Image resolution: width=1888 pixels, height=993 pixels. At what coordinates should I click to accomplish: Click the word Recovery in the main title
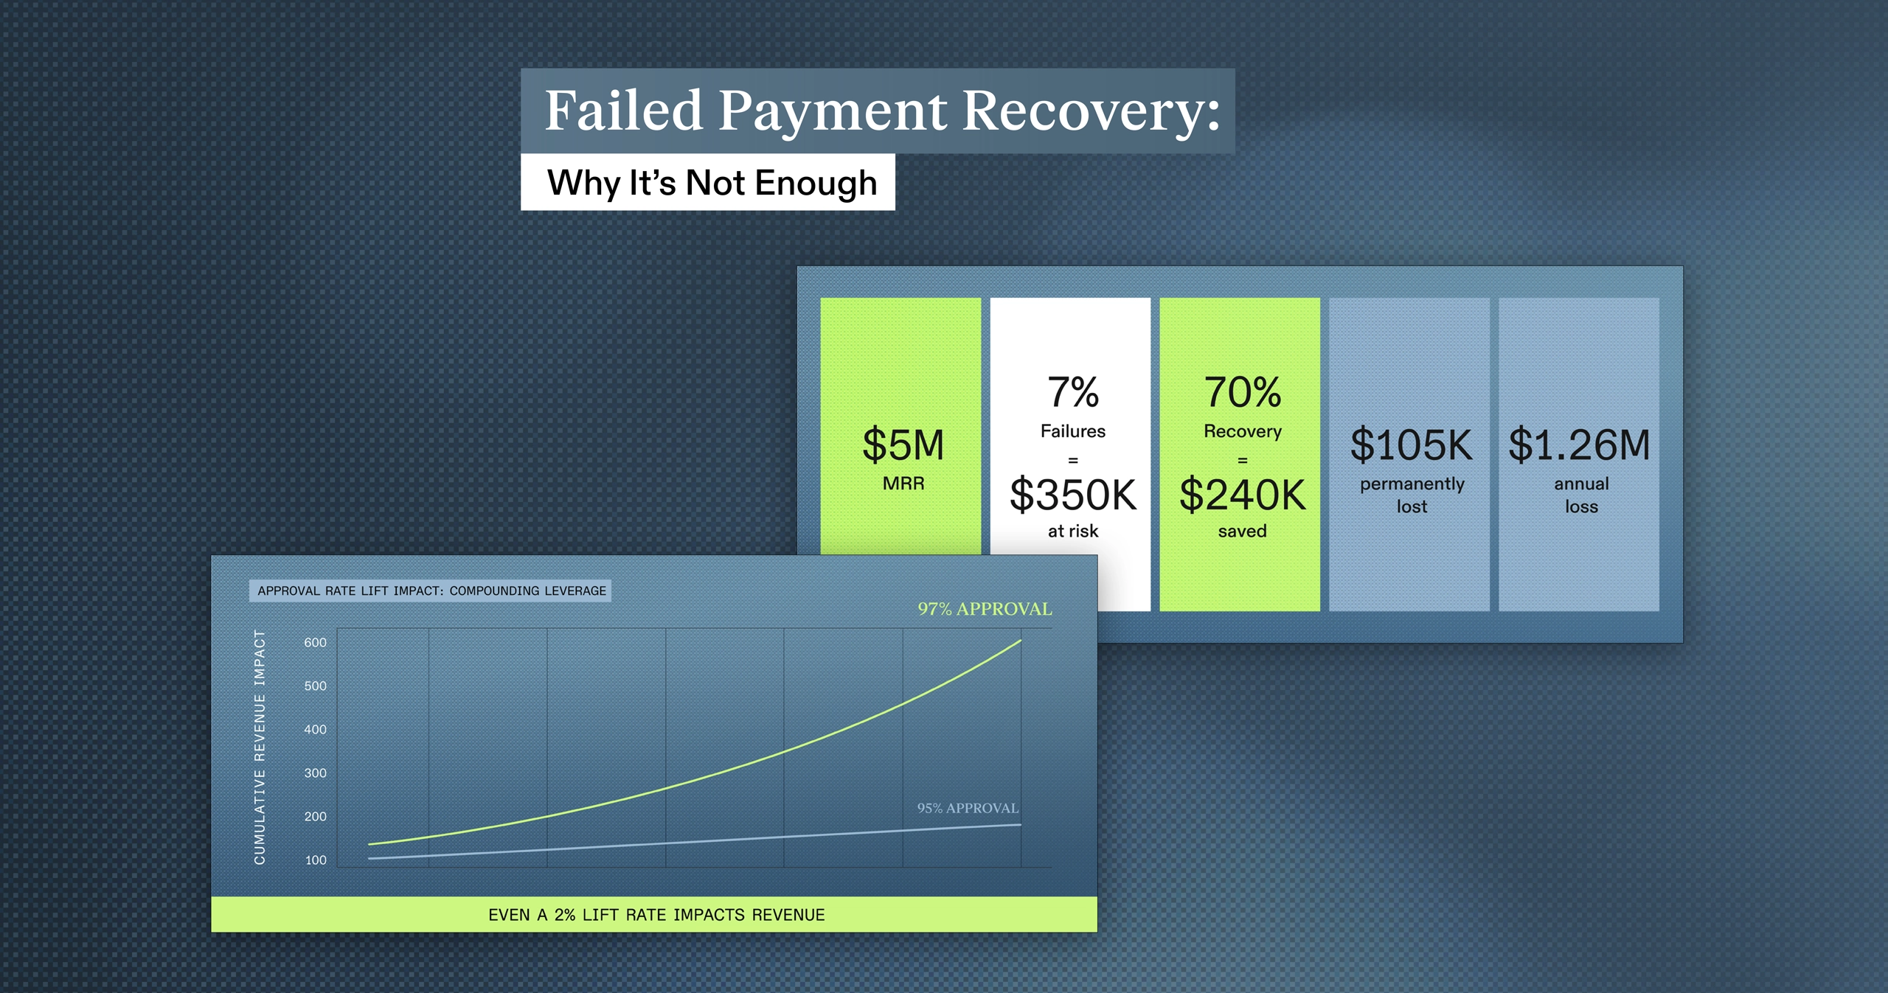[1091, 111]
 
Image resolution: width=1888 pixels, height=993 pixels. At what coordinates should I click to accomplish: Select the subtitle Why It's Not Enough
[712, 183]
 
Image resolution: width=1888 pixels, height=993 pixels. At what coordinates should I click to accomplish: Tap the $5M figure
[903, 445]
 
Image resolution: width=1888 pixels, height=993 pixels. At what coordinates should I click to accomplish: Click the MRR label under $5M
[903, 484]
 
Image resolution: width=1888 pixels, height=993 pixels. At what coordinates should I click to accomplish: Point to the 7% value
[1073, 392]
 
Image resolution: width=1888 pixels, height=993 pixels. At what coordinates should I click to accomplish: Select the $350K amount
[1073, 495]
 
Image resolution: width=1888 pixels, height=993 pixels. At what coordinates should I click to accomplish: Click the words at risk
[1073, 531]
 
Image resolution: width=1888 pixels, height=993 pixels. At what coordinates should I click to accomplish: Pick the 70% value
[1243, 392]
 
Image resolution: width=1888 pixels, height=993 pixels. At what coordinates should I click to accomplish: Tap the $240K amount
[1243, 495]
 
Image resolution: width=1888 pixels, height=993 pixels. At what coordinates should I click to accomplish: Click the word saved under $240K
[1243, 531]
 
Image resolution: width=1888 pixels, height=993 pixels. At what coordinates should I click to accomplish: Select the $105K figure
[1411, 445]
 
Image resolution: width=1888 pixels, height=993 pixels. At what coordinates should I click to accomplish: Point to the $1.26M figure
[1579, 445]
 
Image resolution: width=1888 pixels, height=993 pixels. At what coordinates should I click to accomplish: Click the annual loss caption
[1581, 495]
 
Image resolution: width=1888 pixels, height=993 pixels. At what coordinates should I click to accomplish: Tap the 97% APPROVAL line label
[985, 609]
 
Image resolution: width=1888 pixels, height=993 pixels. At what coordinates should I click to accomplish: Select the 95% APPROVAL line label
[967, 808]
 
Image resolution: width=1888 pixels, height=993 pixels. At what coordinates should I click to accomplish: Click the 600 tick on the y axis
[315, 643]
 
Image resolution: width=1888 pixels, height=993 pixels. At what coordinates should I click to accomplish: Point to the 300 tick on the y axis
[315, 773]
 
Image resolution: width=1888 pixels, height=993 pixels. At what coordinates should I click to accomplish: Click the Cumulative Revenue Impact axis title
[260, 747]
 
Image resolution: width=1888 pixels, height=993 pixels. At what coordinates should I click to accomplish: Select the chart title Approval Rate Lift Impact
[431, 591]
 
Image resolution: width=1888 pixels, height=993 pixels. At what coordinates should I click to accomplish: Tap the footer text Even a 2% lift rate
[656, 915]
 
